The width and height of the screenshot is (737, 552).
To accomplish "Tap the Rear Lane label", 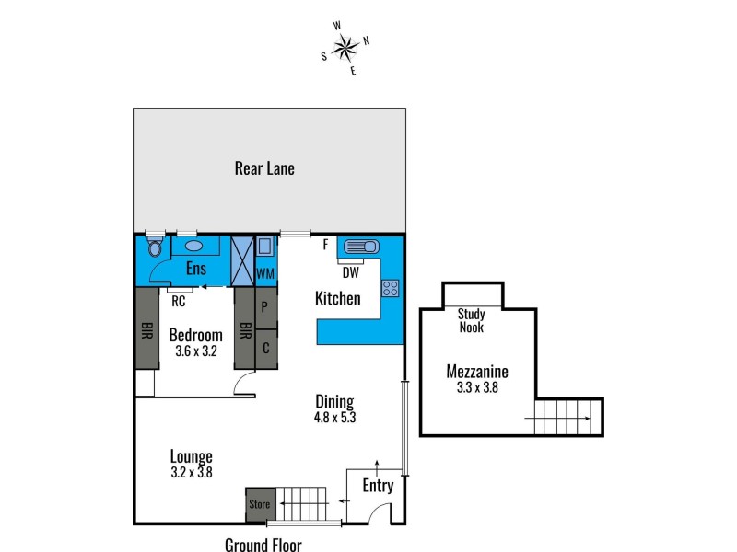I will [x=264, y=168].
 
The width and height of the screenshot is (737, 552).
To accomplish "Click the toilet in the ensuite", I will [x=156, y=247].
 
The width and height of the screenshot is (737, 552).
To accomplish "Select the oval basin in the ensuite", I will [x=194, y=246].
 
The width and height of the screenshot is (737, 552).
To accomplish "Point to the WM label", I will [x=265, y=273].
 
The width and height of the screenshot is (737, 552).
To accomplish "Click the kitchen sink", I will [x=357, y=247].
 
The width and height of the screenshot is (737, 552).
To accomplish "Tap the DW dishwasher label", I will [x=350, y=272].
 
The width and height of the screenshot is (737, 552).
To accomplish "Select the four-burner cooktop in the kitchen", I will [x=390, y=287].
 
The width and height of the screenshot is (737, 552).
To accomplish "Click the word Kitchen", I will [x=337, y=298].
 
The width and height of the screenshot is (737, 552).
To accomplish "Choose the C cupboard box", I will [x=264, y=349].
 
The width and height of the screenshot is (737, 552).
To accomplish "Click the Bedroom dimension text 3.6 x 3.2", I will [x=195, y=351].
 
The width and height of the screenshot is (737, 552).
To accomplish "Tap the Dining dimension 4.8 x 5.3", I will [x=334, y=417].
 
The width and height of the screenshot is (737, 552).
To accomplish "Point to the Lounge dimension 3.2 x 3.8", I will [x=192, y=473].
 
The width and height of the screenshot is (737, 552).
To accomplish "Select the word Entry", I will [x=378, y=486].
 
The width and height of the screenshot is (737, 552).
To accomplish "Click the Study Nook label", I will [x=472, y=320].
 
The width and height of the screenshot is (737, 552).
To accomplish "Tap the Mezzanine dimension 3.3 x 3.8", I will [x=476, y=388].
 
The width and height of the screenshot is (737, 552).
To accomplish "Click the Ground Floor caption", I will [x=263, y=545].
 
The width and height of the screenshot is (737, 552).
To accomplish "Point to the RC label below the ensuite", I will [x=179, y=299].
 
